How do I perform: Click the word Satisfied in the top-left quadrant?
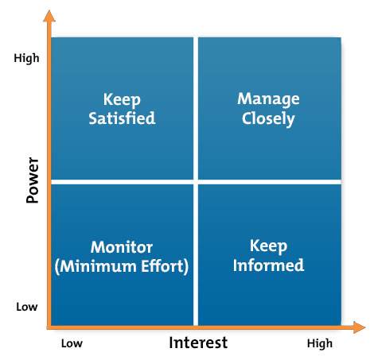122,118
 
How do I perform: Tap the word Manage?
268,99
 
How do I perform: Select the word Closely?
268,119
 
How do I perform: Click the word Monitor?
122,247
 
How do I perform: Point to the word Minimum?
98,266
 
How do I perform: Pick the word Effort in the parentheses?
162,266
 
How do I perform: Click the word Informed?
268,265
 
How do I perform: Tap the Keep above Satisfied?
122,100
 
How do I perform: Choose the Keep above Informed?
268,246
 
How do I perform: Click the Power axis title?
33,180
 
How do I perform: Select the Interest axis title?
198,343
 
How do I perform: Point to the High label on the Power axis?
26,58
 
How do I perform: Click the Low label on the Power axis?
27,307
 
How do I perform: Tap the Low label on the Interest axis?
72,343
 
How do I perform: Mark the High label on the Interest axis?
320,344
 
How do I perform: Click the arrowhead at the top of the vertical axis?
49,16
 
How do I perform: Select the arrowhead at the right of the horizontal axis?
360,327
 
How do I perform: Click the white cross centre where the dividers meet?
196,182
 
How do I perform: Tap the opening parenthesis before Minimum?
56,266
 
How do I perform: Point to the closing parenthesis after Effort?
186,266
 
